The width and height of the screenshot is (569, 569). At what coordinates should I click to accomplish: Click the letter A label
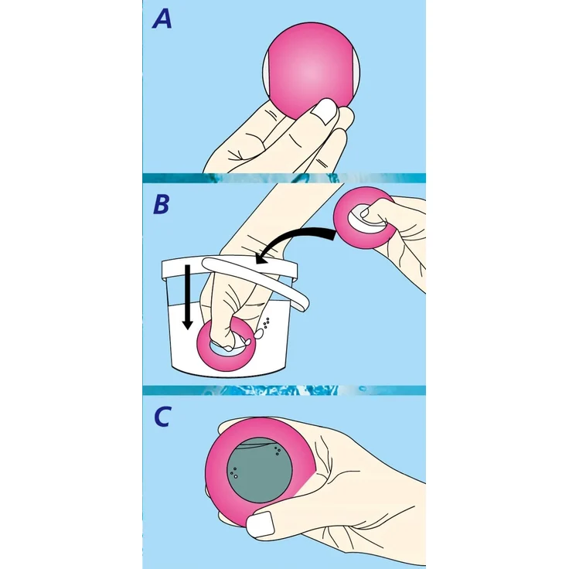(x=162, y=19)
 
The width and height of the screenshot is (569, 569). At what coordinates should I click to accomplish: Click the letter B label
(x=161, y=204)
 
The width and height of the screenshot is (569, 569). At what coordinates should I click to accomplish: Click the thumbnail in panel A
(x=325, y=112)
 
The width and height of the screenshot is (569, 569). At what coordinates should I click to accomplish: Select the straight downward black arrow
(x=187, y=297)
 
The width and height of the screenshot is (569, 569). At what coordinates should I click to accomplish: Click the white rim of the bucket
(x=229, y=268)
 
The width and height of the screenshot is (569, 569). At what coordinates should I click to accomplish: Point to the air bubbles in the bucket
(x=267, y=322)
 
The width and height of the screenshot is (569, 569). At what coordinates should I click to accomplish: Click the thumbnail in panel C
(x=261, y=524)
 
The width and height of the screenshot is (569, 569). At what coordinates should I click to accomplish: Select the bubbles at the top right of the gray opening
(x=278, y=451)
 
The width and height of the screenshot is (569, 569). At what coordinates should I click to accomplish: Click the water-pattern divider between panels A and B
(x=284, y=178)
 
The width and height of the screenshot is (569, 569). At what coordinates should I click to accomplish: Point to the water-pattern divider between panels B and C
(x=284, y=390)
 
